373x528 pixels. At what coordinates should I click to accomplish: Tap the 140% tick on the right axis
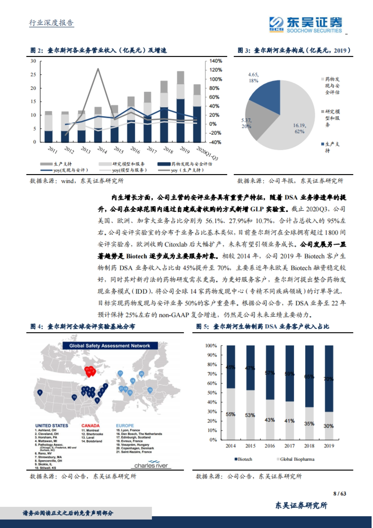tap(215, 61)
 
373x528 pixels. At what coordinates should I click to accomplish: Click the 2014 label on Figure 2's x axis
tap(102, 150)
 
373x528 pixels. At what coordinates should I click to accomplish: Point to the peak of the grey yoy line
tap(98, 69)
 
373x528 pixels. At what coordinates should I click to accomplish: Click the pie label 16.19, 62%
tap(300, 128)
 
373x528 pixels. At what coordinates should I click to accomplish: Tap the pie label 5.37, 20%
tap(246, 123)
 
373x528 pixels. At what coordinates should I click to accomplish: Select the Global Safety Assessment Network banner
tap(110, 345)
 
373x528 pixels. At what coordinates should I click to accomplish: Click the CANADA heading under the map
tap(90, 425)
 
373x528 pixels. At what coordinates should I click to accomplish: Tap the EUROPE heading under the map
tap(125, 425)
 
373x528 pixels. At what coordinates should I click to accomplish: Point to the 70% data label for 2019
tap(329, 379)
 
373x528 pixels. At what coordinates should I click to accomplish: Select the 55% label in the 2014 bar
tap(230, 414)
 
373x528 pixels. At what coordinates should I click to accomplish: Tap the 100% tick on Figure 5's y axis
tap(211, 345)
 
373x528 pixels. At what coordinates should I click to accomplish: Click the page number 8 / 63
tap(339, 493)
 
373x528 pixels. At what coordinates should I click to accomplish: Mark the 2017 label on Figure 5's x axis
tap(289, 446)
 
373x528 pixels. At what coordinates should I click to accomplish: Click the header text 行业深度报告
tap(51, 23)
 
